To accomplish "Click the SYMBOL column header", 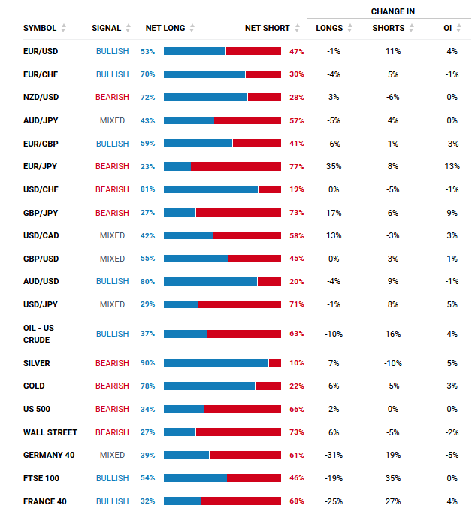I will tap(39, 28).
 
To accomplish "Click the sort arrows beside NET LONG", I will tap(192, 28).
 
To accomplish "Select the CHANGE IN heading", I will tap(392, 11).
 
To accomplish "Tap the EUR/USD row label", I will tap(41, 51).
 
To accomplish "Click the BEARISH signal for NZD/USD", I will tap(112, 97).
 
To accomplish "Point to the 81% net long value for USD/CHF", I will tap(147, 189).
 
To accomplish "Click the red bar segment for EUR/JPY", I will tap(235, 166).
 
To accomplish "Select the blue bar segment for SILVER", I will tap(216, 363).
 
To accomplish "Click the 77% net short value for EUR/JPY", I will tap(296, 166).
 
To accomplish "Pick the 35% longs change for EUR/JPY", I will tap(334, 166).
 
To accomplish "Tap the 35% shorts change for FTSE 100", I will tap(392, 478).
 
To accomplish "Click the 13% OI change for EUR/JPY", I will tap(451, 166).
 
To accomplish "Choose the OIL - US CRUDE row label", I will tap(38, 334).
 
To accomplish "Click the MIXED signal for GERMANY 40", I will tap(112, 455).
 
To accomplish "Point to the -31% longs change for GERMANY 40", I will tap(334, 455).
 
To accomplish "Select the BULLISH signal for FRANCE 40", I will tap(112, 501).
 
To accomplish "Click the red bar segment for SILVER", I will tap(275, 363).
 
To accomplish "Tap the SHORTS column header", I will tap(388, 28).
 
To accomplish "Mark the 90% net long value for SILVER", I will tap(147, 363).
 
